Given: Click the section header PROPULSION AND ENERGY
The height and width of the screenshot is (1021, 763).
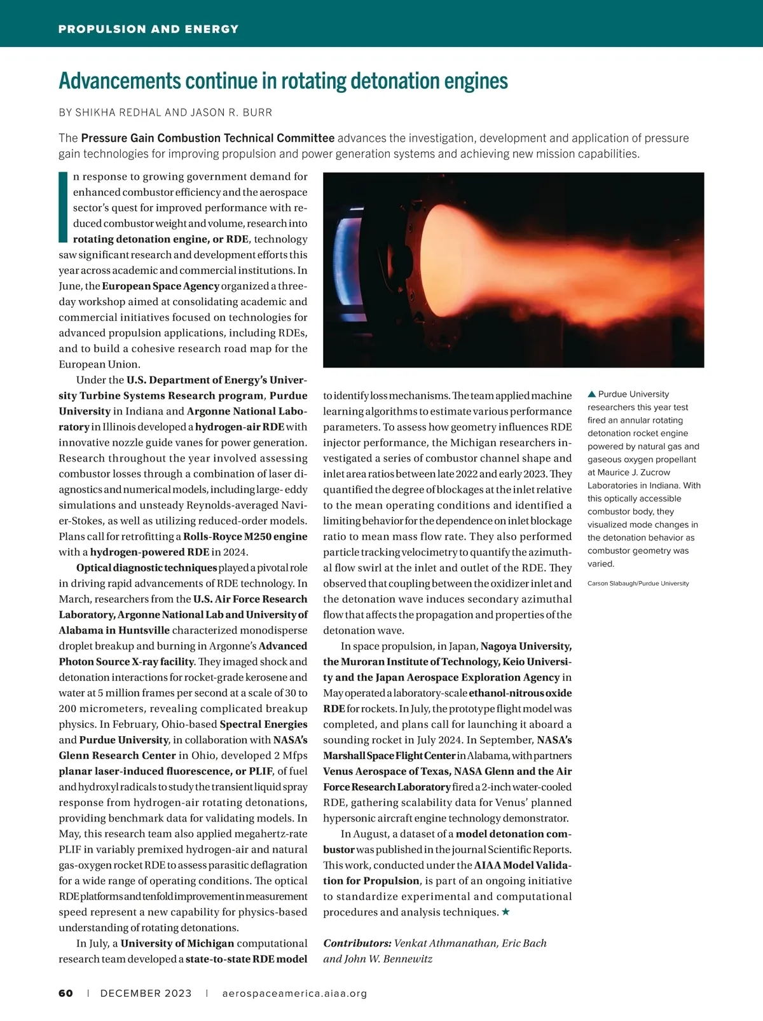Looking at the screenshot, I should (148, 29).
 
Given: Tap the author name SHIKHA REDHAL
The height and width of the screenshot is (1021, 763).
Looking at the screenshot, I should (118, 113).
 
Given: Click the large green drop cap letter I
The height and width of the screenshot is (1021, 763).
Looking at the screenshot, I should (62, 207).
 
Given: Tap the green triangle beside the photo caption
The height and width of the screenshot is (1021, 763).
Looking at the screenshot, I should (591, 394).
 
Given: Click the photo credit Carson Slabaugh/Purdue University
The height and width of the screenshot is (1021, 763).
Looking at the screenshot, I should (638, 584).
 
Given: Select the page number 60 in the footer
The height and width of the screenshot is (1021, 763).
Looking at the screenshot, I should (65, 994).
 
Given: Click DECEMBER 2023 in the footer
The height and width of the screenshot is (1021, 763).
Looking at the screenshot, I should (146, 994).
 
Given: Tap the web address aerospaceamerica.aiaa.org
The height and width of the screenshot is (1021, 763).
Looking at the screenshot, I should (294, 994).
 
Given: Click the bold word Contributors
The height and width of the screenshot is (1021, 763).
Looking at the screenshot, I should (357, 943).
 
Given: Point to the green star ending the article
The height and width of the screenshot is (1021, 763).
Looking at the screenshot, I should (505, 912).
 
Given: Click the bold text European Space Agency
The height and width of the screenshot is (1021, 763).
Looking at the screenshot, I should (160, 286).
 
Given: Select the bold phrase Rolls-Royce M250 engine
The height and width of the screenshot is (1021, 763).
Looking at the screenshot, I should (245, 537).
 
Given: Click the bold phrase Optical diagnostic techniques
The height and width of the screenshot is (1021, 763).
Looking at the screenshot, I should (146, 568).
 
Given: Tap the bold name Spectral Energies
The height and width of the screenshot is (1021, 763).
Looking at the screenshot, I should (263, 724).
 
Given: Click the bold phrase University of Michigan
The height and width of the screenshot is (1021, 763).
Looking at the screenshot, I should (177, 943).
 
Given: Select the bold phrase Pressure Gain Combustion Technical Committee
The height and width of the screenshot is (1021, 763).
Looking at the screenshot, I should (207, 138).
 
